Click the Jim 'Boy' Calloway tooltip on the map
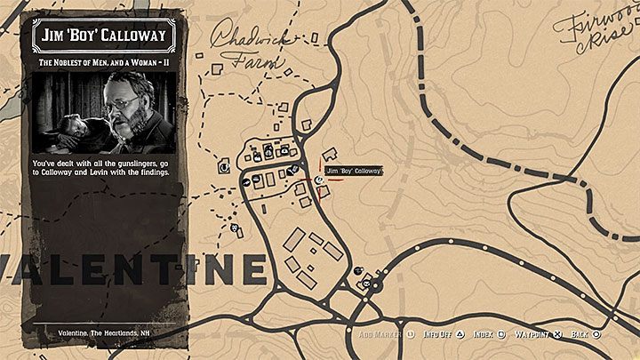coord(353,171)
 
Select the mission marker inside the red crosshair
coord(318,178)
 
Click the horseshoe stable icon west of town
coord(223,164)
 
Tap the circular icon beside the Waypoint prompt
coord(557,334)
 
